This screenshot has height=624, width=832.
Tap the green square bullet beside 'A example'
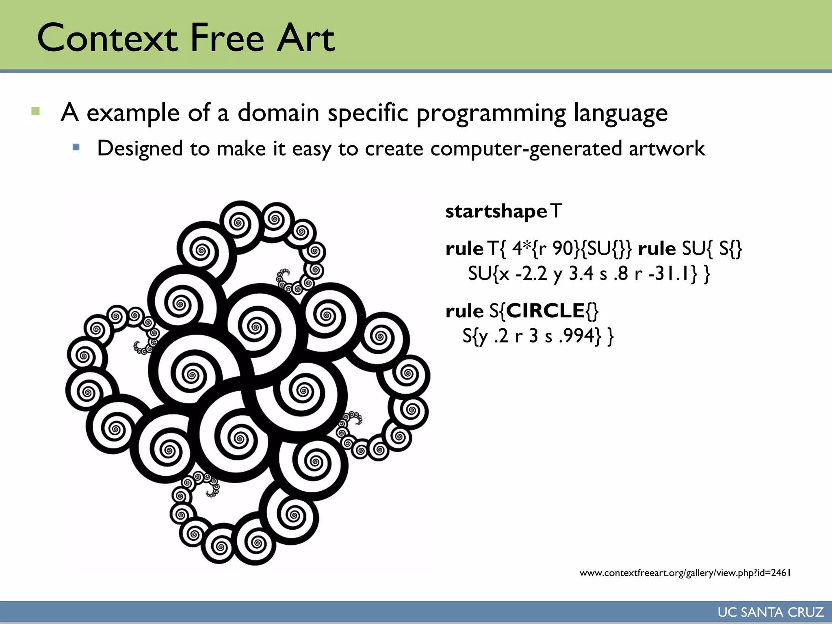(x=35, y=111)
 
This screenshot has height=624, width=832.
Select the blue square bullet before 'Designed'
(x=76, y=147)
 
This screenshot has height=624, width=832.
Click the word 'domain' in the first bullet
(x=278, y=113)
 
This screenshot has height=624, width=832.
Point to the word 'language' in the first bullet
(x=620, y=113)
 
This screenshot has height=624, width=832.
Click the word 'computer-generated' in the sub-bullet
(x=526, y=149)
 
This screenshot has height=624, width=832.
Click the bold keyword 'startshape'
(x=496, y=212)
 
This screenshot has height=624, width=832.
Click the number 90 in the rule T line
(x=563, y=249)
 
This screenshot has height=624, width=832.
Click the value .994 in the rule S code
(x=576, y=336)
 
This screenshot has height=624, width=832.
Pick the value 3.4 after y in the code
(x=581, y=273)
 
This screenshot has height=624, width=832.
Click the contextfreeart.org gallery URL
(x=685, y=573)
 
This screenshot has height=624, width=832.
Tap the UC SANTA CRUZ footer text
(x=770, y=612)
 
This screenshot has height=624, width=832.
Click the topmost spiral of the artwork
(x=240, y=222)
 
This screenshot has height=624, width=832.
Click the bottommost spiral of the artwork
(x=256, y=543)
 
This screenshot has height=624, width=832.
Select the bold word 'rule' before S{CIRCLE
(x=464, y=311)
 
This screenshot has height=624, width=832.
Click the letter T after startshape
(x=556, y=211)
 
